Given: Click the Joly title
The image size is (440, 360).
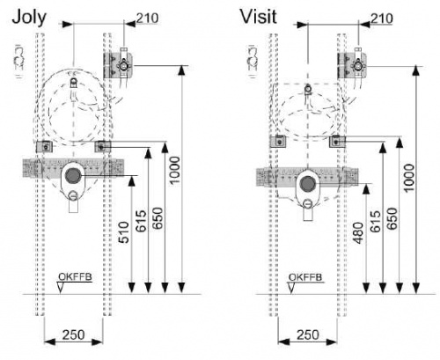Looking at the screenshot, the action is click(29, 18).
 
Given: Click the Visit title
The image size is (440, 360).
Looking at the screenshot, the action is click(259, 17).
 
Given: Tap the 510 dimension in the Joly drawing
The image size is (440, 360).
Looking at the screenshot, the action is click(124, 232).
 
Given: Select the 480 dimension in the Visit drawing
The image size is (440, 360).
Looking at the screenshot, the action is click(358, 233).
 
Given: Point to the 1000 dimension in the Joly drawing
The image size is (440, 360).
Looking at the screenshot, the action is click(175, 170).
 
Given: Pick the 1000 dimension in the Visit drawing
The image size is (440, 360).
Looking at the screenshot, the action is click(409, 178).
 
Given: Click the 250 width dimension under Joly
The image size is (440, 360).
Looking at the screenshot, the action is click(73, 334).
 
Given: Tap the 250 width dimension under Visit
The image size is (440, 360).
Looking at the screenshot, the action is click(308, 334).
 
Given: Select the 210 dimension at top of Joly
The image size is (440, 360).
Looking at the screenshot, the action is click(148, 18).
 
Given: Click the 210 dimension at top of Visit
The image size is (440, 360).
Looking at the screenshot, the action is click(382, 18).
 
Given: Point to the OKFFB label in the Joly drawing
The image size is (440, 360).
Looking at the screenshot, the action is click(75, 276).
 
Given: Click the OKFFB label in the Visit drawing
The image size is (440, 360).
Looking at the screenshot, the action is click(305, 277).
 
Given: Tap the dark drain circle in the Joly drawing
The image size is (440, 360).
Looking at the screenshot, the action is click(73, 175).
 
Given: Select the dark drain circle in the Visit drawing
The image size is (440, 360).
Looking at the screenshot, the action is click(308, 183).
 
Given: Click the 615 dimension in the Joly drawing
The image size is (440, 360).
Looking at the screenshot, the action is click(142, 221).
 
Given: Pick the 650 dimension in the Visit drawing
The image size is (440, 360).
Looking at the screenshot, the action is click(392, 218).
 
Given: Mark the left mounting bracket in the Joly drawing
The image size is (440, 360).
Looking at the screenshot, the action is click(44, 146).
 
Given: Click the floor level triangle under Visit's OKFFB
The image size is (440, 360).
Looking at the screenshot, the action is click(291, 288).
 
